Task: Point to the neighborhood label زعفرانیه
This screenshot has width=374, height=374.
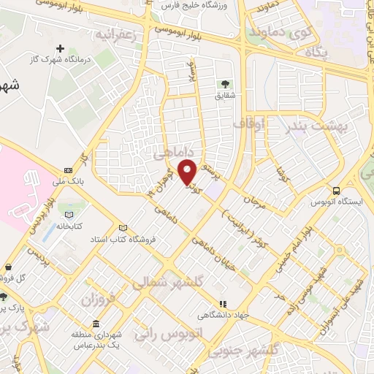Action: (x=115, y=35)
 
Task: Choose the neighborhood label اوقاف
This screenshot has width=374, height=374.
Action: (x=248, y=125)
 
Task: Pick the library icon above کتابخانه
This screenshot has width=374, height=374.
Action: (x=68, y=215)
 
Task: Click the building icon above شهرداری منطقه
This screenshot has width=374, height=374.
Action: (x=96, y=324)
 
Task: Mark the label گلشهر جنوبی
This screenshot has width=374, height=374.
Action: (x=248, y=351)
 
